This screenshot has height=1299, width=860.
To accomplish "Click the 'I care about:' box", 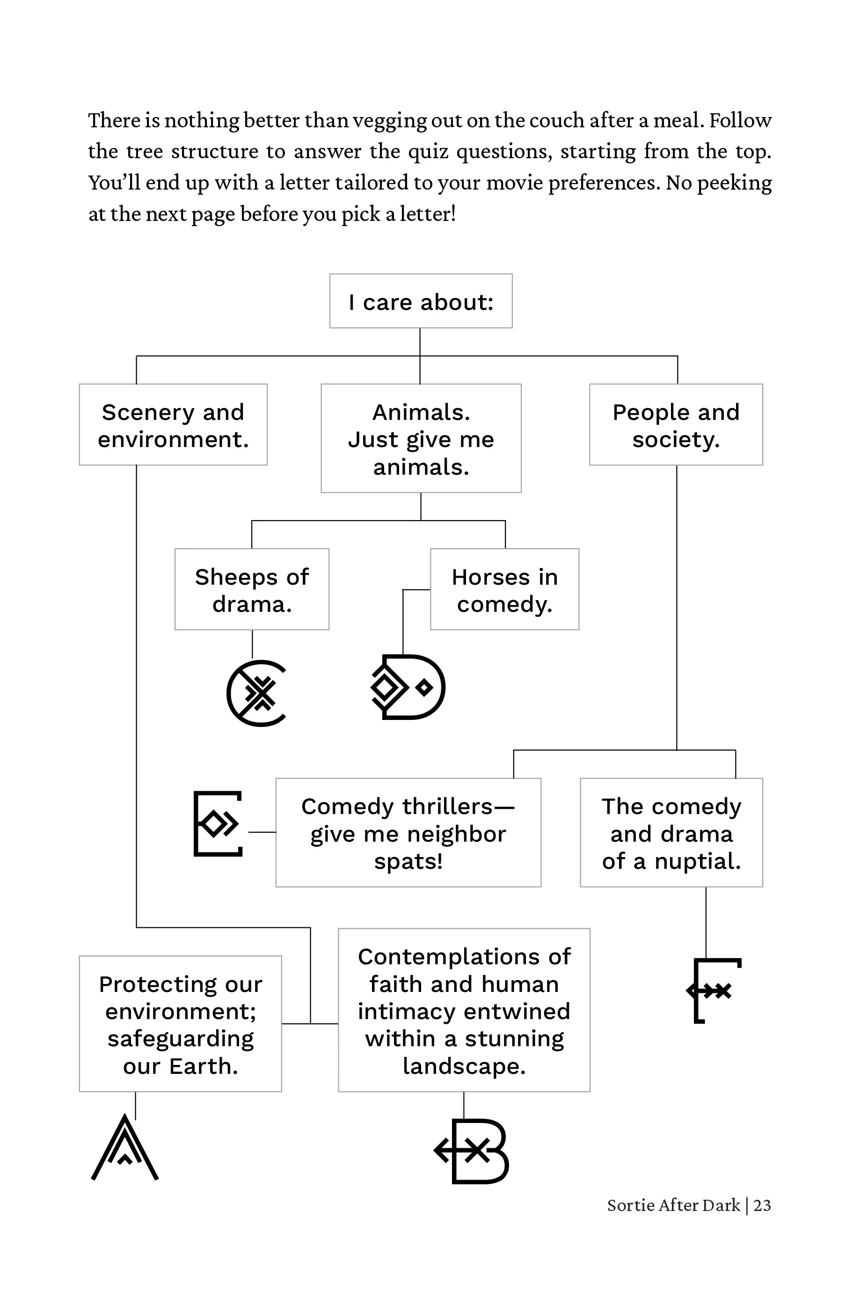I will (421, 301).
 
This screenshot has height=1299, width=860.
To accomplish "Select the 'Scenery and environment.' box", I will (173, 425).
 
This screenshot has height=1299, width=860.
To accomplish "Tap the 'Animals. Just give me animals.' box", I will (421, 438).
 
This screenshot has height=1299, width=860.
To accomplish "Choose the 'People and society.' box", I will (676, 425).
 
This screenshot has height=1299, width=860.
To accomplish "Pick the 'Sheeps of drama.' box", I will (252, 589).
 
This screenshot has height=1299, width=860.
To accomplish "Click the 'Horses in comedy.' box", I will (504, 589).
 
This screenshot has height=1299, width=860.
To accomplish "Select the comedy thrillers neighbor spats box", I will (408, 833).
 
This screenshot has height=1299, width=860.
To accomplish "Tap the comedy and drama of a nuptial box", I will (671, 833).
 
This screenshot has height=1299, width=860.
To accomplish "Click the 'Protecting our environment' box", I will (181, 1024).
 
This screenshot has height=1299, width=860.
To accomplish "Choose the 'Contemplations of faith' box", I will (464, 1011).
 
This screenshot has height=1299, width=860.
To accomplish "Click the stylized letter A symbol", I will (125, 1148).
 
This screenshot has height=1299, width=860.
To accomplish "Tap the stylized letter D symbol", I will (408, 687).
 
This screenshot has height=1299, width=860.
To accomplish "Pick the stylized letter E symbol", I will (218, 823).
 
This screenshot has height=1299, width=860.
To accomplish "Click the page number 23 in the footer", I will (762, 1205).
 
